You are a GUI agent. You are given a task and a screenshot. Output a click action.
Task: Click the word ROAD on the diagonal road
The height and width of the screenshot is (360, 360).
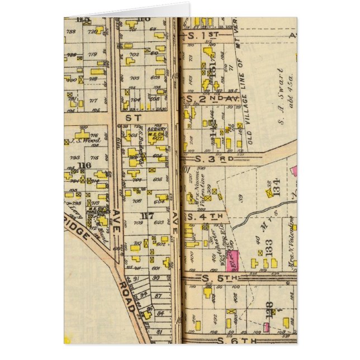[126, 296]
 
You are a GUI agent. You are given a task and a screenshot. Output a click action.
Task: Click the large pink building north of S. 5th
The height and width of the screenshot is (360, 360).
[233, 261]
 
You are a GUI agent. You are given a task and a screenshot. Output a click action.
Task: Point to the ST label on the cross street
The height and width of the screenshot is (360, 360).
[133, 118]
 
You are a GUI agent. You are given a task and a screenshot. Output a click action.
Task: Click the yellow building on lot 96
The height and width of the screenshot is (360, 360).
[146, 315]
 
